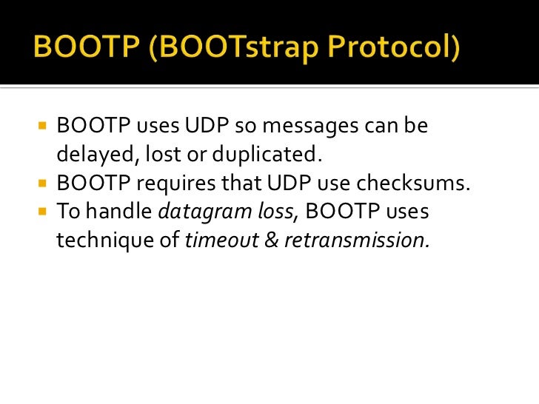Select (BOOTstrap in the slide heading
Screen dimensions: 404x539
[x=209, y=50]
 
